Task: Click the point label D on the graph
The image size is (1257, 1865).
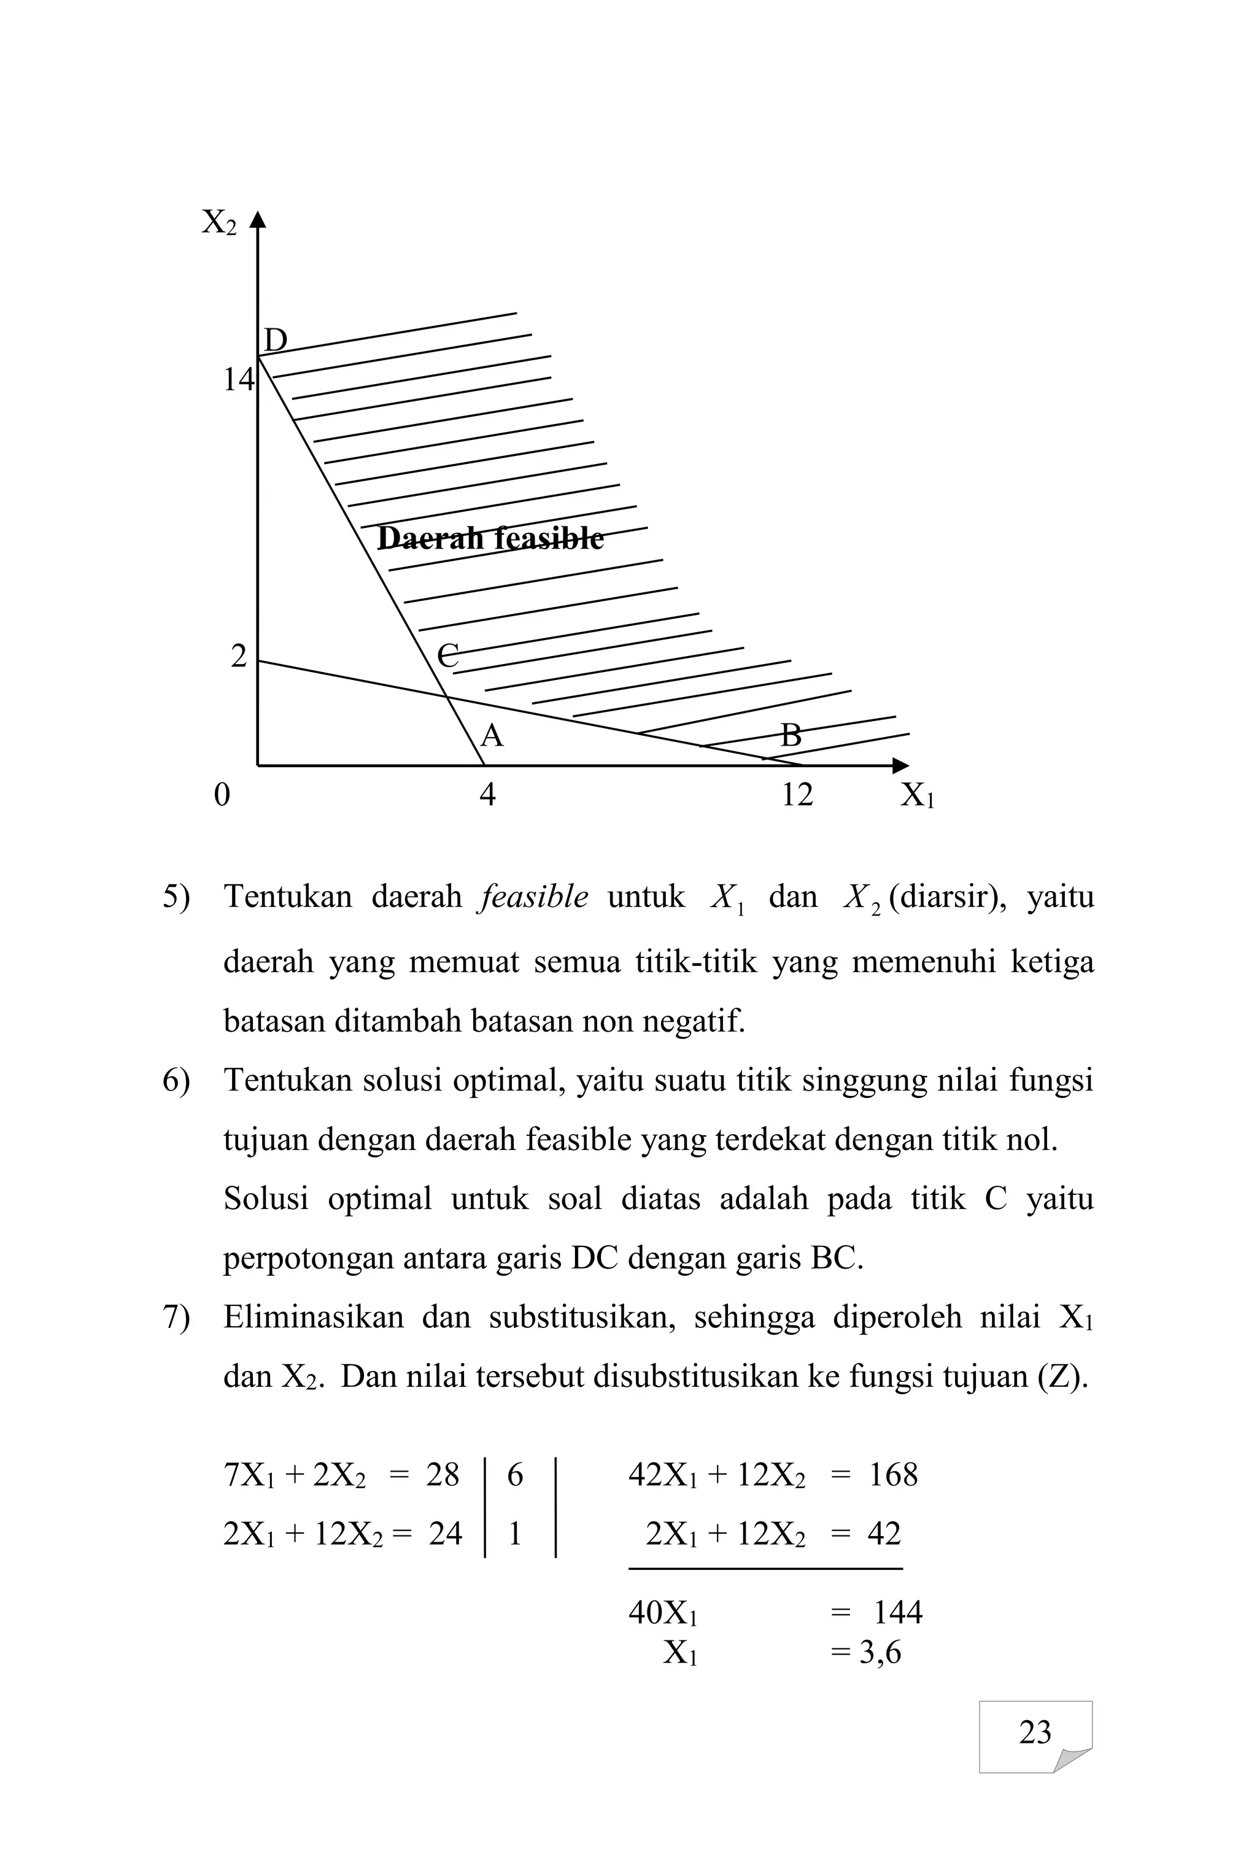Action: (276, 341)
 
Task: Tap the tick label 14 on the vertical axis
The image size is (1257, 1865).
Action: (238, 380)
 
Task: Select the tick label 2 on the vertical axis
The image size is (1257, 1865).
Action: (239, 657)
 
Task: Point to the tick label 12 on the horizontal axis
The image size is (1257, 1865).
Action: (797, 795)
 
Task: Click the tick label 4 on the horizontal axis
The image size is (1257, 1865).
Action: (487, 795)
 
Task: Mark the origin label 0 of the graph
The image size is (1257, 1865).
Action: (222, 795)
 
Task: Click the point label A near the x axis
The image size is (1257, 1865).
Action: (492, 735)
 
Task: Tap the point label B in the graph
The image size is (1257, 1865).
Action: (791, 735)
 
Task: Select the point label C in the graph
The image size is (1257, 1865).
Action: (448, 655)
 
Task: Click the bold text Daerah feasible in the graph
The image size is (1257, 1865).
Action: (490, 538)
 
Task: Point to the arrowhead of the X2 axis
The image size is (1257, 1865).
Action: (257, 219)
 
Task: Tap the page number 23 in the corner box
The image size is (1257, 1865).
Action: (1035, 1732)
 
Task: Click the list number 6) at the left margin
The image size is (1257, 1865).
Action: (176, 1080)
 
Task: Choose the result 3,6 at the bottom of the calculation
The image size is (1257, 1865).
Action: (880, 1653)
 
